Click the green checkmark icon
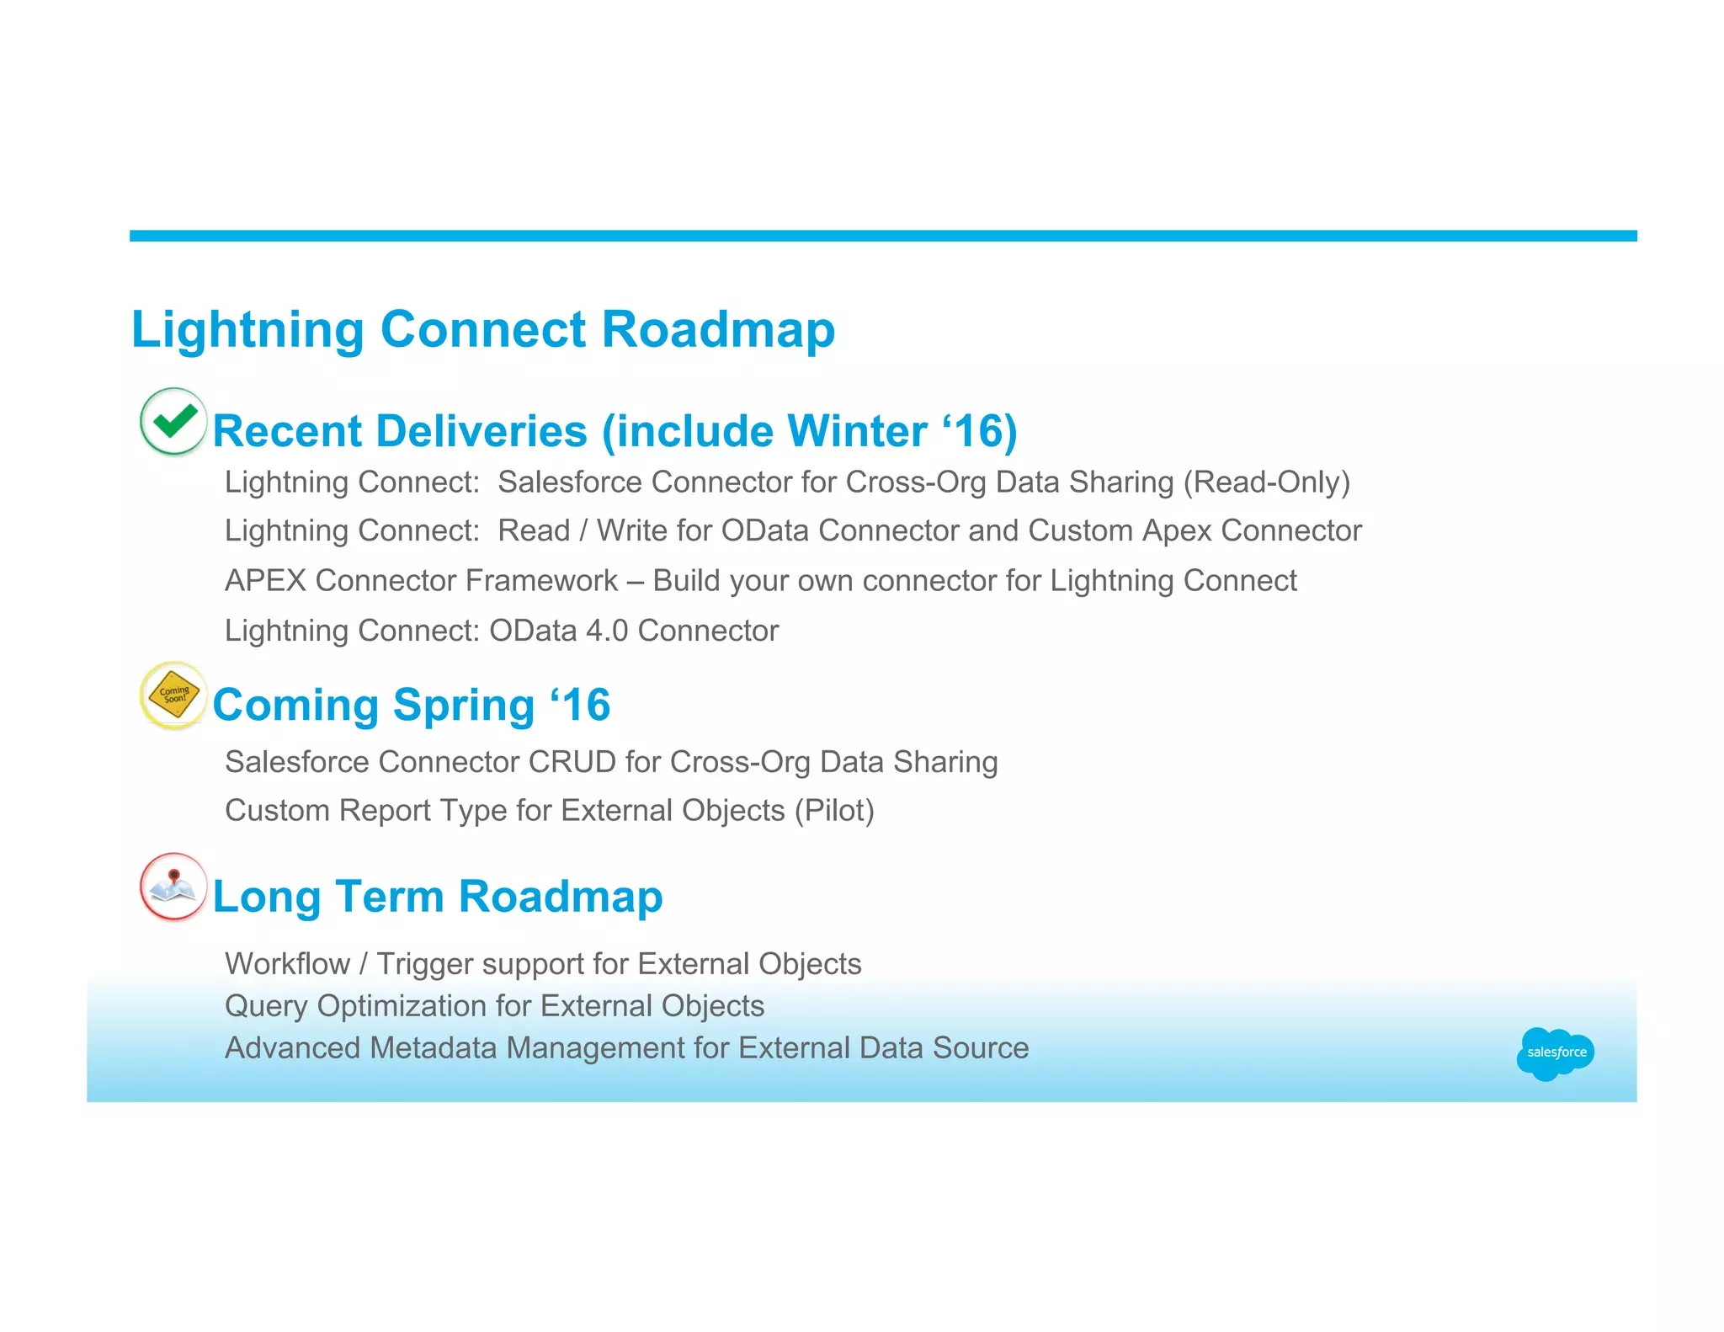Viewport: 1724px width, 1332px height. tap(173, 421)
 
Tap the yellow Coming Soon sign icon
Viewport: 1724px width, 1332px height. tap(173, 695)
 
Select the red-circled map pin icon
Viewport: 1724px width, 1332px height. tap(173, 887)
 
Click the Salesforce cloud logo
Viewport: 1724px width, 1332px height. tap(1555, 1052)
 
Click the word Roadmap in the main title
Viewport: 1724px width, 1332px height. tap(717, 329)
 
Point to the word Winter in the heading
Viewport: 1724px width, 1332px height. tap(857, 432)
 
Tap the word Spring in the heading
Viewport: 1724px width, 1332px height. tap(463, 706)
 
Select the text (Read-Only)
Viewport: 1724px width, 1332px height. tap(1266, 482)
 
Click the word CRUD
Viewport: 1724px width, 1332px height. tap(572, 762)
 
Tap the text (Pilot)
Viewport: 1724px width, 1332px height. tap(833, 811)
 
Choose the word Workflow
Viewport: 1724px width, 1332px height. tap(287, 964)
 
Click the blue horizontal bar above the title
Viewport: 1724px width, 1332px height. tap(882, 236)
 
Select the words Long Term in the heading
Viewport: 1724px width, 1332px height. tap(328, 897)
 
